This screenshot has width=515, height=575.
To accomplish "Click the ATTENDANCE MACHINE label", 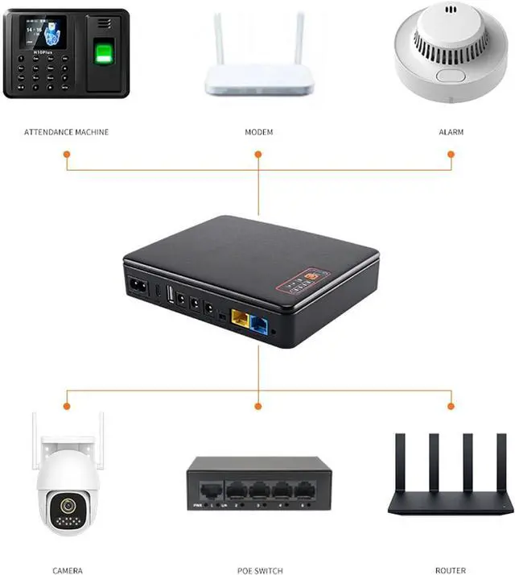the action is coord(66,131).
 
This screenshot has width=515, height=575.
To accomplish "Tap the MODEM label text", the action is coord(258,131).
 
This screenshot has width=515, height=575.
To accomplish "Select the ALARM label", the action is coord(451,131).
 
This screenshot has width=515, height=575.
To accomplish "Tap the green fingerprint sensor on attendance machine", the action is coord(102,55).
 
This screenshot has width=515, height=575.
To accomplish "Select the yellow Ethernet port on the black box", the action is coord(240,318).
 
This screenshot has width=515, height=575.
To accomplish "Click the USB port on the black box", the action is coord(170,296).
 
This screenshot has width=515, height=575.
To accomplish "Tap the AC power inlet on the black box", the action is coord(136,285).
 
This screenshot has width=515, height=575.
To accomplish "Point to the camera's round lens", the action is coord(67,507).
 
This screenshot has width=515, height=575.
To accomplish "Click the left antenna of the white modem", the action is coord(218,39).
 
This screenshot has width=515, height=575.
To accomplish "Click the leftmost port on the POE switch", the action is coord(210,490).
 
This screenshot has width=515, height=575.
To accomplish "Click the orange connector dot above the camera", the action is coord(67,406).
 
